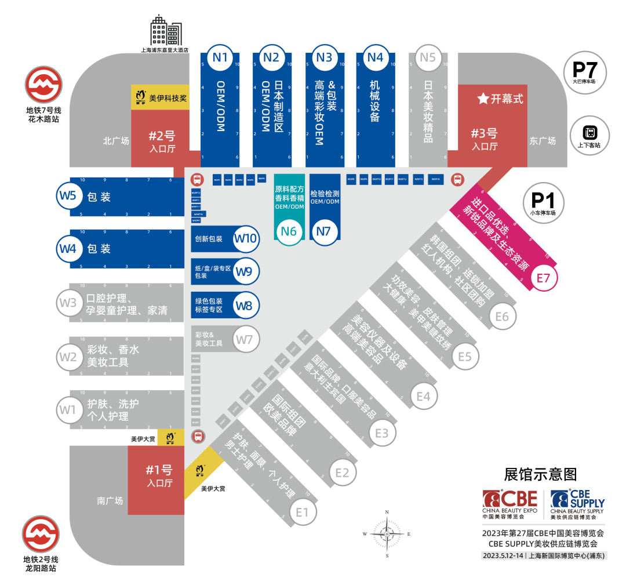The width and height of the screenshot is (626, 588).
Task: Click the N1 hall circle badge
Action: click(x=220, y=57)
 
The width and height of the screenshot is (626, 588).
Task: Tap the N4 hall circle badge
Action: click(x=376, y=57)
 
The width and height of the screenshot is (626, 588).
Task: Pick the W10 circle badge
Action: click(x=246, y=238)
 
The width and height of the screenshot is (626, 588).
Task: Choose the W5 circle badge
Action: click(x=68, y=195)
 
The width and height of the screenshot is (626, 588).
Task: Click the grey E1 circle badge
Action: click(x=302, y=511)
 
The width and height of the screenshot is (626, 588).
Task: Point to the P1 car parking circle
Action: click(x=543, y=202)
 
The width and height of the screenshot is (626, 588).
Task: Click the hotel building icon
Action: click(x=166, y=30)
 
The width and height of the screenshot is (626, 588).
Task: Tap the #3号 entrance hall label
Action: click(x=485, y=137)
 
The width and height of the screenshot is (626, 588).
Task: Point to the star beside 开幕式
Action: click(x=482, y=99)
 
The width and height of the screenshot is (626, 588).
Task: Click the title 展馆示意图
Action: click(x=540, y=474)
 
